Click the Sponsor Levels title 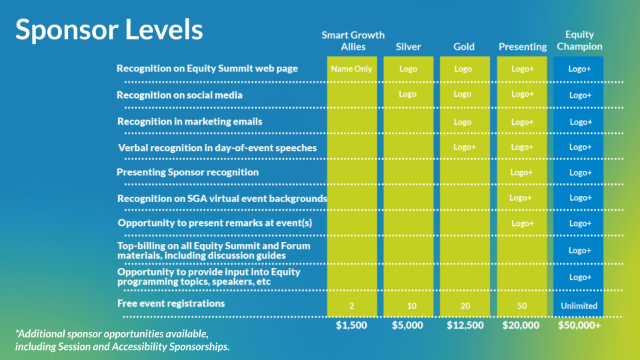109,30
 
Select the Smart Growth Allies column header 353,41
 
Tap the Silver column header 408,47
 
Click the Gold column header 464,47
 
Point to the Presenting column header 523,47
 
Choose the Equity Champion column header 579,41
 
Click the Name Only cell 351,69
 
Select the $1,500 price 351,325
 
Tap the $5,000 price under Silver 408,325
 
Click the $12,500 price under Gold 465,325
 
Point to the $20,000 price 521,325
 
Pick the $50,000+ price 579,325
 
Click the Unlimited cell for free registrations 579,306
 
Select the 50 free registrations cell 521,306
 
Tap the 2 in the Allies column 351,306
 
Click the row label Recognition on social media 179,95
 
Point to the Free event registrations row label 171,303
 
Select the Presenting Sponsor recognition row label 188,172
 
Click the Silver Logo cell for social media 407,94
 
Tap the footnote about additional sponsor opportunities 123,340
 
